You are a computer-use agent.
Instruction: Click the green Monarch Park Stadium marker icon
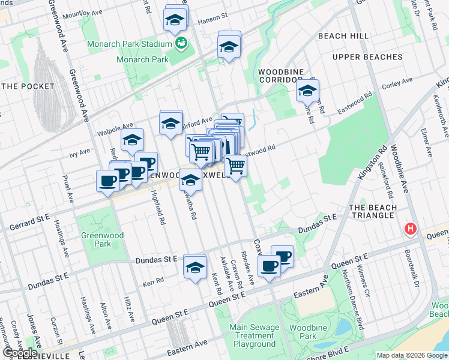[x=181, y=43]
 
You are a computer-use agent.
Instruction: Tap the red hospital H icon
[x=411, y=229]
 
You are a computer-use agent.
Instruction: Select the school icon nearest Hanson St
[x=175, y=20]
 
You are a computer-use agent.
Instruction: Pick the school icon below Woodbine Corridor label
[x=307, y=91]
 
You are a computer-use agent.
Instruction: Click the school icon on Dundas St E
[x=194, y=267]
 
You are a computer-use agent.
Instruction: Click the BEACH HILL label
[x=343, y=37]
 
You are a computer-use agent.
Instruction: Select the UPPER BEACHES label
[x=367, y=57]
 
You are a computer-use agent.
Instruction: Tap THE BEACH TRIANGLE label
[x=373, y=212]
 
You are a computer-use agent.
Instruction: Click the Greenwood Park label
[x=103, y=240]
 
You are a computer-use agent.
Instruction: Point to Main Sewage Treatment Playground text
[x=255, y=335]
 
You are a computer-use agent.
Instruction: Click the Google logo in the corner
[x=20, y=353]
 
